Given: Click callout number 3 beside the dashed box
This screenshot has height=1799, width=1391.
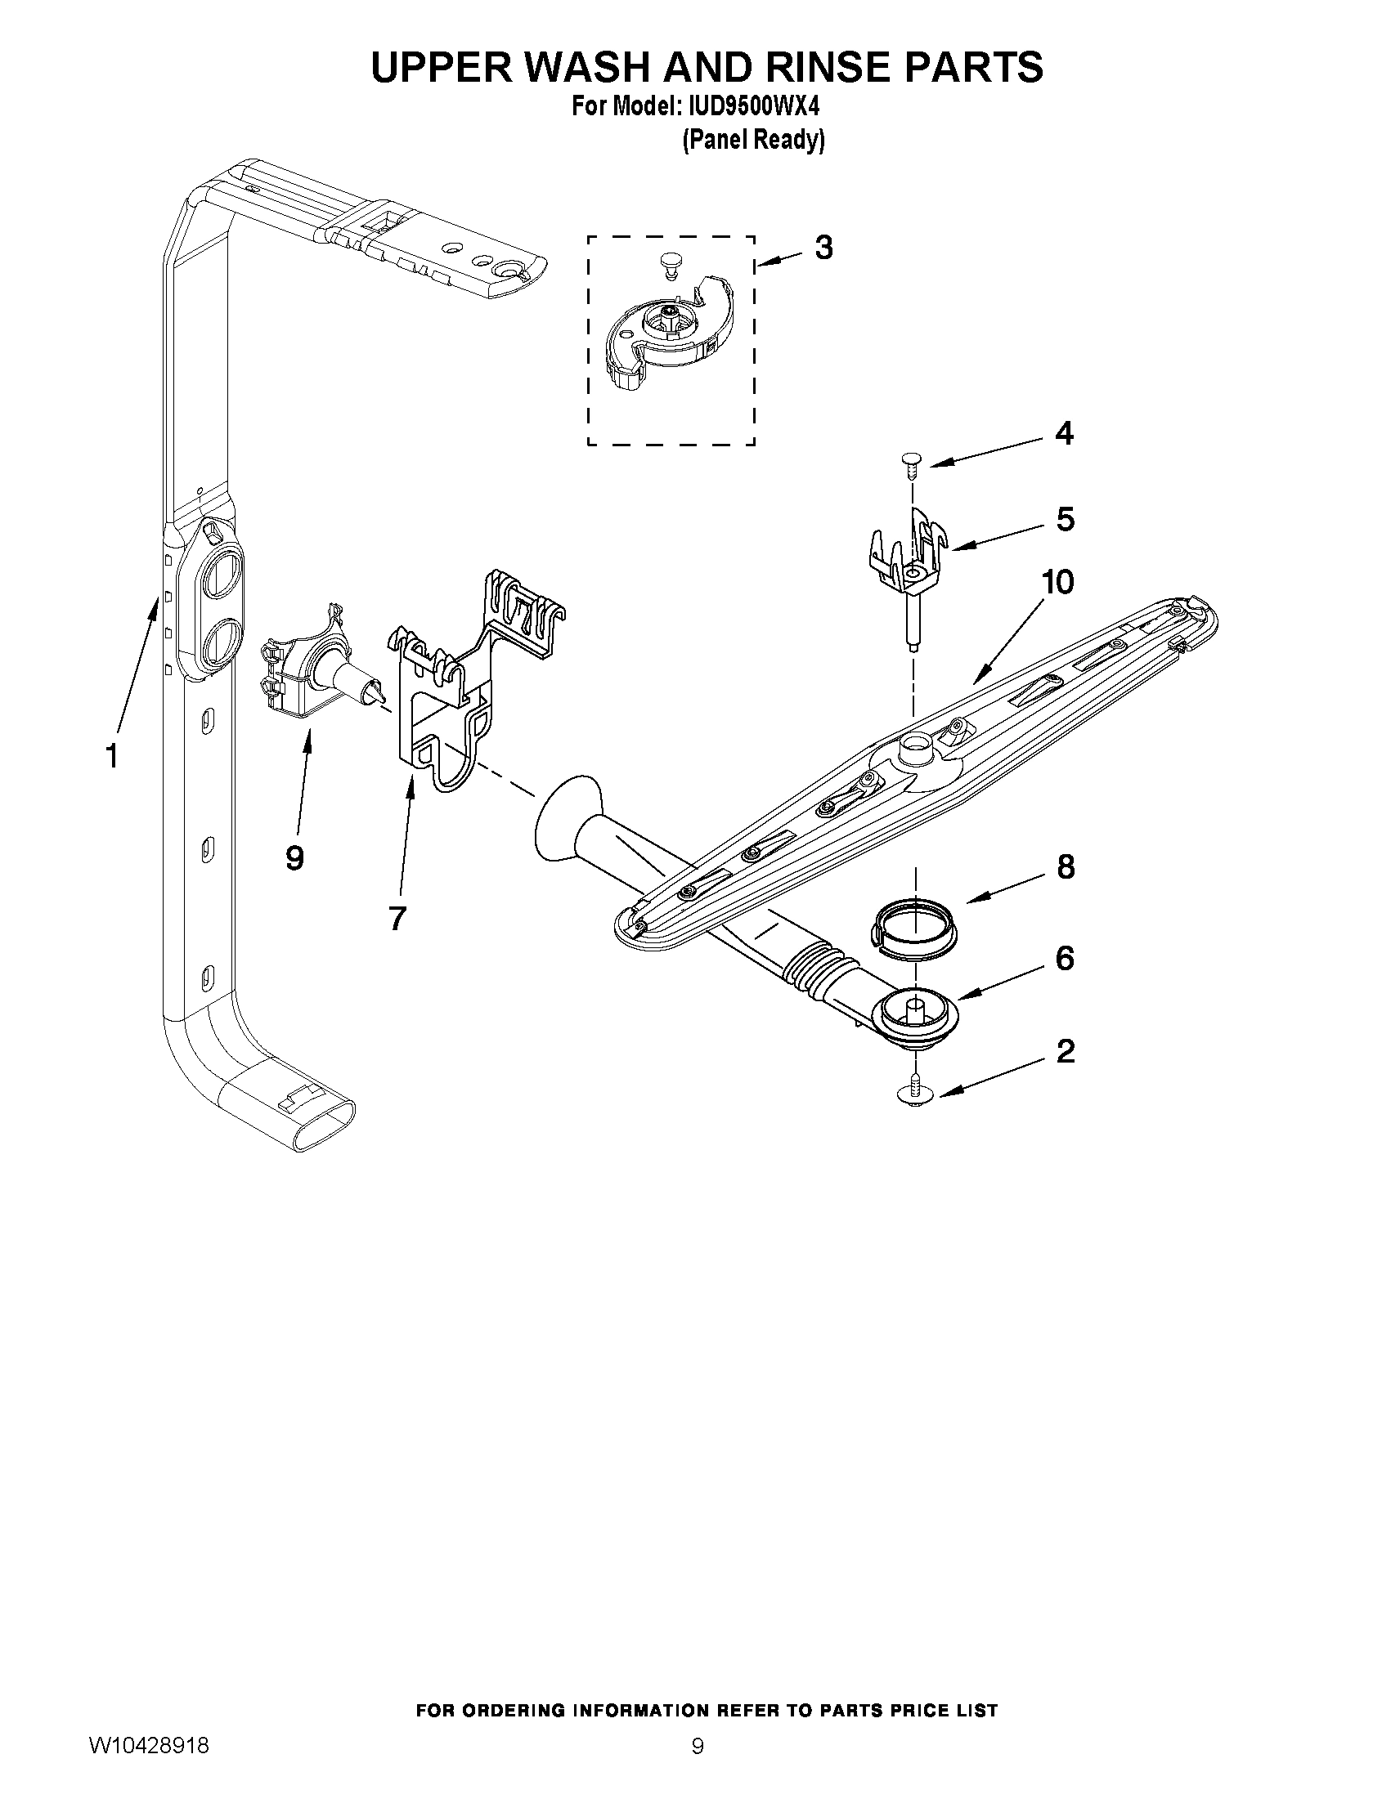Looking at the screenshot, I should point(823,247).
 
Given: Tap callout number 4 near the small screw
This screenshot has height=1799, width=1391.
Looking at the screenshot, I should point(1064,433).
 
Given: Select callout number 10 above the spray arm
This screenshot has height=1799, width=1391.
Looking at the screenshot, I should point(1057,583).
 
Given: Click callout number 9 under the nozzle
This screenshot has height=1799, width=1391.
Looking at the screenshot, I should point(294,858).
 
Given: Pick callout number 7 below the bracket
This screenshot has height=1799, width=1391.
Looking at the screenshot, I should point(397,917).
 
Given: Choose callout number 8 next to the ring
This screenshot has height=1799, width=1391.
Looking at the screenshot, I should point(1065,867).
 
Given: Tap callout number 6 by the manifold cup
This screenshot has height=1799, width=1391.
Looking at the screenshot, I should point(1065,958).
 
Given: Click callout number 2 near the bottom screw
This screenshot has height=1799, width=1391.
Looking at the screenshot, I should point(1065,1051).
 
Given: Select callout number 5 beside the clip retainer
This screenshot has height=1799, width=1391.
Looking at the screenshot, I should point(1065,519).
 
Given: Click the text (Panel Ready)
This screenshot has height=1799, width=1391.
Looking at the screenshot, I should point(752,141).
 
